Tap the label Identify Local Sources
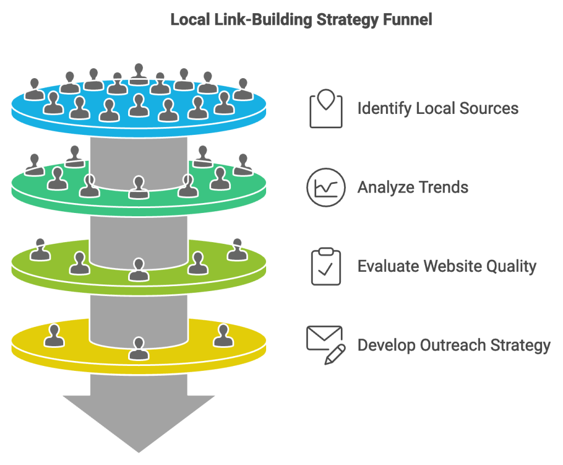point(438,108)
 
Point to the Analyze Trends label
point(413,187)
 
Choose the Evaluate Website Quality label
point(446,266)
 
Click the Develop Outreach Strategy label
point(454,346)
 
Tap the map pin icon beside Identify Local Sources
point(326,102)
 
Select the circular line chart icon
point(326,188)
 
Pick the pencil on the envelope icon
point(335,354)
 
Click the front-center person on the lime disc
point(138,269)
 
